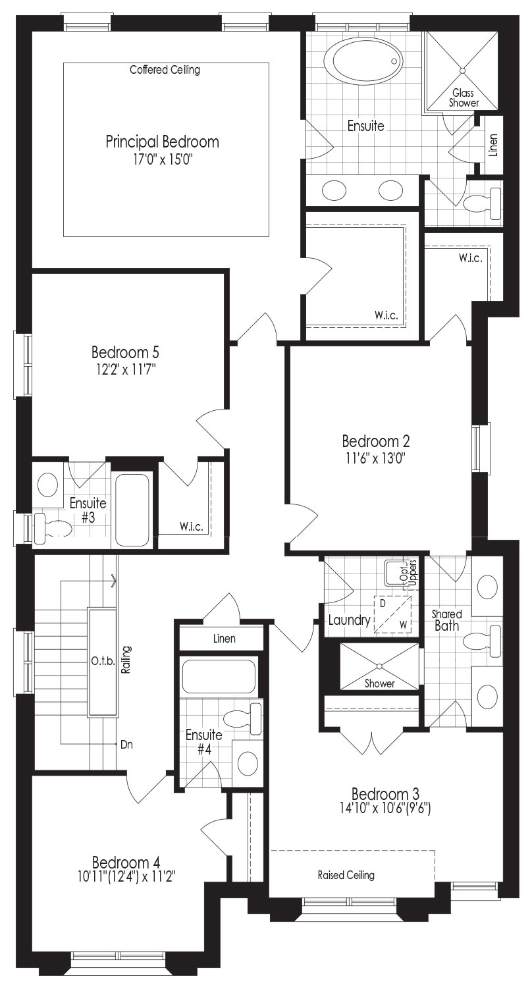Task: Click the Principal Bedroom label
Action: [162, 142]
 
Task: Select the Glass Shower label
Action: [464, 98]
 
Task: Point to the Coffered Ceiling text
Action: [165, 70]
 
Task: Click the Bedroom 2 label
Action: [376, 440]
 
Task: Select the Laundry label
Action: [349, 620]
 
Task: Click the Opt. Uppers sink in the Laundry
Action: [394, 573]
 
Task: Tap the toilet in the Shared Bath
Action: [483, 641]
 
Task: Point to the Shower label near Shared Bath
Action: [379, 683]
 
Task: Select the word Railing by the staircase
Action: [126, 660]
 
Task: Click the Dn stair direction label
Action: [126, 745]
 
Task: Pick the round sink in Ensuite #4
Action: [248, 763]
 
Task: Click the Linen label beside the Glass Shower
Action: [493, 146]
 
